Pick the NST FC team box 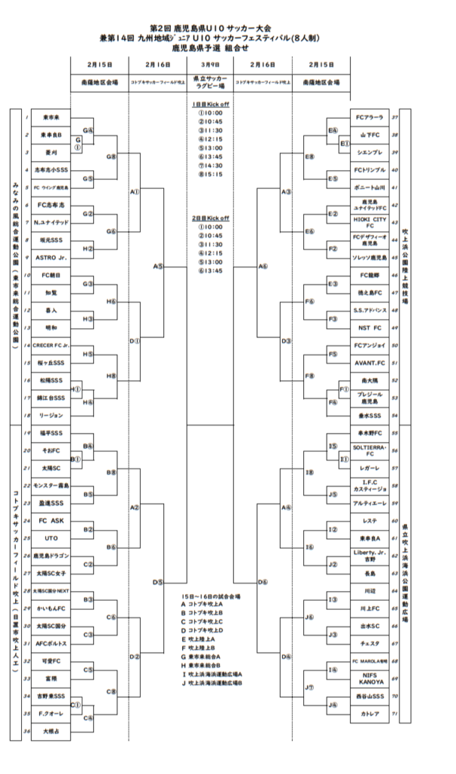click(x=370, y=329)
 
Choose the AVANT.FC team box click(x=370, y=362)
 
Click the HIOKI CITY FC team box click(x=370, y=221)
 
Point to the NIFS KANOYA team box click(x=370, y=679)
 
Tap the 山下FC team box click(x=370, y=135)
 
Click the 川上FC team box click(x=370, y=608)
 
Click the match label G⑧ click(x=111, y=156)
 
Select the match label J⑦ click(x=309, y=687)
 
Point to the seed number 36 click(x=26, y=731)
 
